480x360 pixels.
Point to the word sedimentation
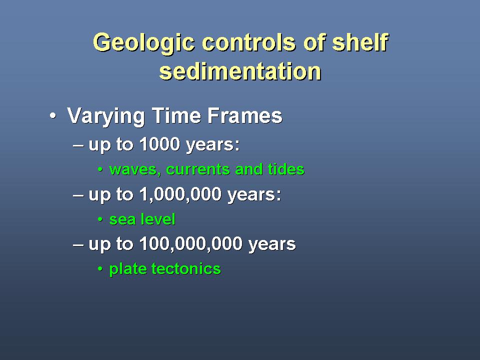240,71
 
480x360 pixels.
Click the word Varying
106,116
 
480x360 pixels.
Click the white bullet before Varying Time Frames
53,116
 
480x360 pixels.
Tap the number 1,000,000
180,194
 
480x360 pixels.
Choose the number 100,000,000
190,243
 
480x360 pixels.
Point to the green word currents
198,169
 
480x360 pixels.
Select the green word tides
286,169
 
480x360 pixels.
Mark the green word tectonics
186,269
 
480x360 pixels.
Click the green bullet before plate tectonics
100,269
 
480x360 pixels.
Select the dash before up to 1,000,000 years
78,195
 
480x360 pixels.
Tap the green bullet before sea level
100,219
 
